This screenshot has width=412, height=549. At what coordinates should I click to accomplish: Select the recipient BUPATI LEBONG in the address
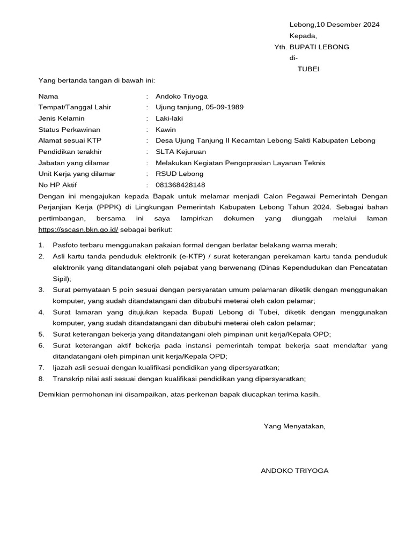click(x=319, y=47)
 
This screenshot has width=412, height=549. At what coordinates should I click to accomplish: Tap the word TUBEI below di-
click(x=308, y=69)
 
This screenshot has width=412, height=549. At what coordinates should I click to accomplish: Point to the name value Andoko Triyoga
click(x=181, y=97)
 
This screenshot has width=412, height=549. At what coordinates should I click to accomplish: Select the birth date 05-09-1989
click(x=223, y=107)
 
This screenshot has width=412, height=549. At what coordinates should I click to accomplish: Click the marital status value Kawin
click(x=166, y=130)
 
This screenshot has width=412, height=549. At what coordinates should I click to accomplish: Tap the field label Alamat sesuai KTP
click(x=69, y=141)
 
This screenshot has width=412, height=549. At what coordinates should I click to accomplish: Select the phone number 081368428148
click(x=180, y=186)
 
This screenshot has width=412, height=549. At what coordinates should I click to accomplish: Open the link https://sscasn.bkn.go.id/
click(x=78, y=230)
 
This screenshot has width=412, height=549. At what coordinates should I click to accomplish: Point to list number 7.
click(x=41, y=367)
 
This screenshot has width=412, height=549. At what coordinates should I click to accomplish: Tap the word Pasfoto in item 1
click(x=65, y=245)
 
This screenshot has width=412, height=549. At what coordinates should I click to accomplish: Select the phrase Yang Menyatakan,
click(x=294, y=426)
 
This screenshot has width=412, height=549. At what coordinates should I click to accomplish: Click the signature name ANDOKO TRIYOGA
click(x=294, y=471)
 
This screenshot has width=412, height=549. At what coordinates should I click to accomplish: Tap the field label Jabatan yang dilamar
click(x=74, y=163)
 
